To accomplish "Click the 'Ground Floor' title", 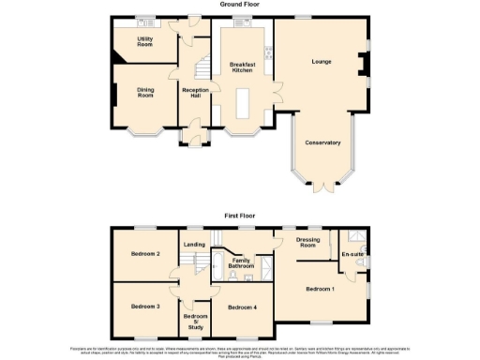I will (239, 5).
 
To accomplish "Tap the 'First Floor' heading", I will (239, 216).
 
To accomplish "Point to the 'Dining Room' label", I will (145, 91).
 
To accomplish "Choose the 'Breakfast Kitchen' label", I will (243, 67).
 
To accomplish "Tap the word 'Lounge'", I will (322, 62).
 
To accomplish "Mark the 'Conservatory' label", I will (322, 142).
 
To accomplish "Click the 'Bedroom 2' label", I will (145, 254).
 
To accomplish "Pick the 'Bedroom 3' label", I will (145, 307).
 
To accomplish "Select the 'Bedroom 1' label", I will (320, 289).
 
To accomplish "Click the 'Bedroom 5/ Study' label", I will (195, 322).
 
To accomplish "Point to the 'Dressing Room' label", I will (308, 243).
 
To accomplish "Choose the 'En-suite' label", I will (353, 254).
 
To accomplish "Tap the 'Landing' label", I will (195, 245).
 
